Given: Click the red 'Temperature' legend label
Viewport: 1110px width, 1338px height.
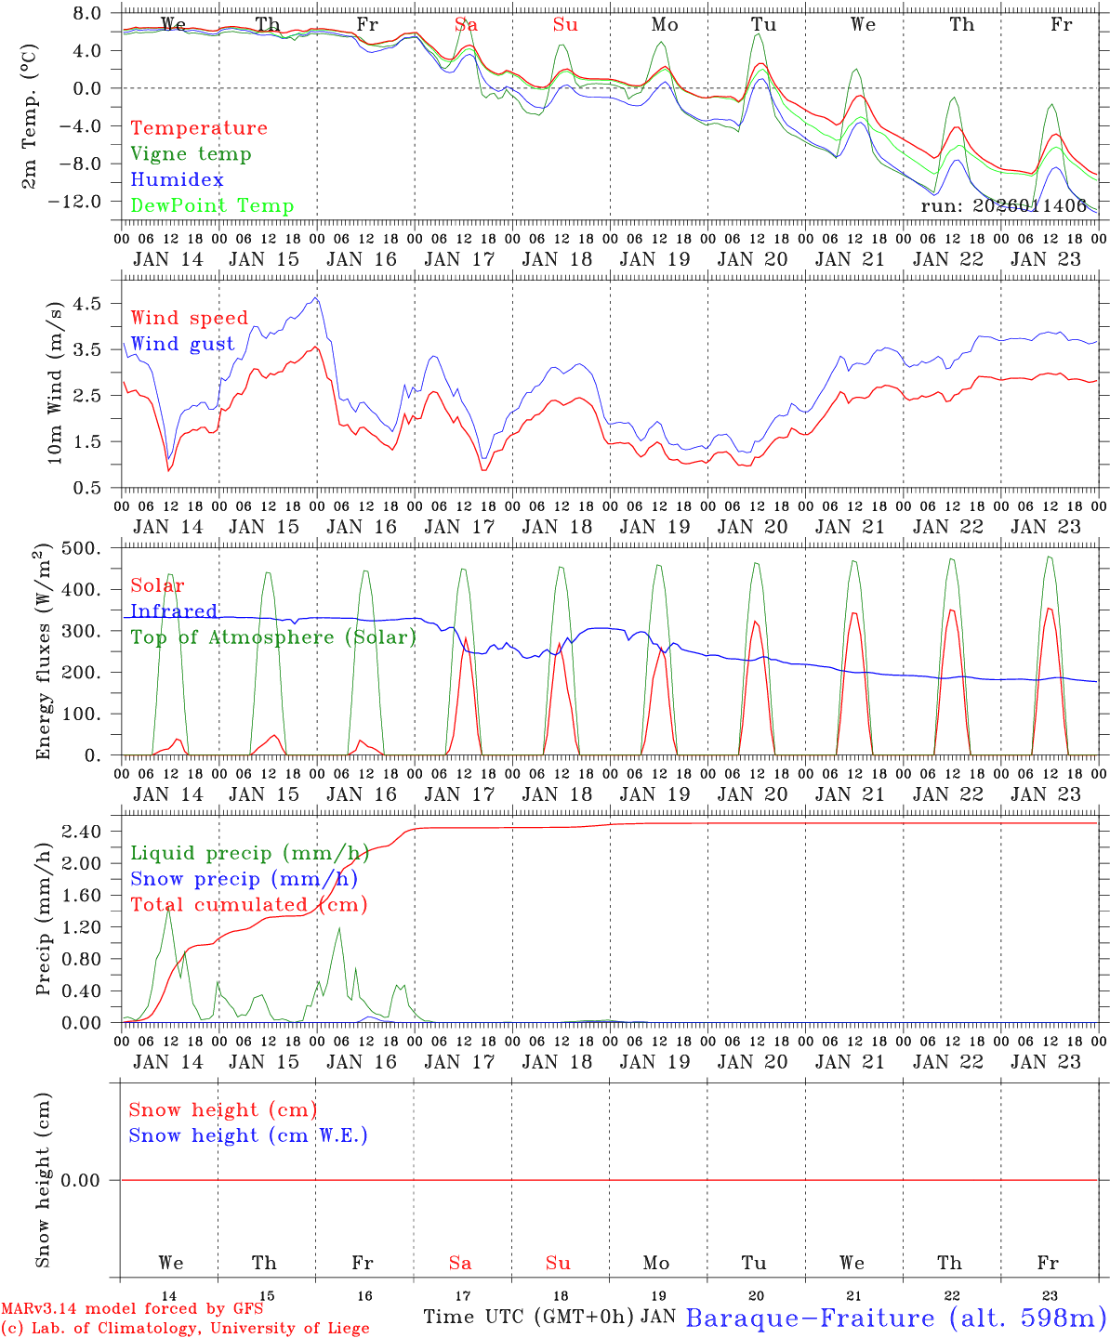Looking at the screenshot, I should click(199, 128).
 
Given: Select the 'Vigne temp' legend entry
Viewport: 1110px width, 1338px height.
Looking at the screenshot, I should click(191, 154).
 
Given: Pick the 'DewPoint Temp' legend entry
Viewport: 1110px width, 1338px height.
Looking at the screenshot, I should click(212, 206).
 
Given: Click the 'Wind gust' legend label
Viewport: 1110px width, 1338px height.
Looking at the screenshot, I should click(183, 345).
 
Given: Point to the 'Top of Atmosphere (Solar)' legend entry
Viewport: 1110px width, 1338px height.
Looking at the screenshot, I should click(273, 637).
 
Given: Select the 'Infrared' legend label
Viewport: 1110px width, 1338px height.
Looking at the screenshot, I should click(174, 611).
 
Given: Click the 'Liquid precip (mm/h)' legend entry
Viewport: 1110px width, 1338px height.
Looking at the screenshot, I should click(250, 853).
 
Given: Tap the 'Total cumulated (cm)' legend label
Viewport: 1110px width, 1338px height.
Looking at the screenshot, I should click(249, 905).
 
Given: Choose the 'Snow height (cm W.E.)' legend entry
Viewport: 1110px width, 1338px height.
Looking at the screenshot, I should click(248, 1135).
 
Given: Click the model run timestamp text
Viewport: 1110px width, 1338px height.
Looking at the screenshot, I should click(1003, 206).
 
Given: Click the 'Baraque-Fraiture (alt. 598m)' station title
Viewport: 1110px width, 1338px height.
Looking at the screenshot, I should click(896, 1318).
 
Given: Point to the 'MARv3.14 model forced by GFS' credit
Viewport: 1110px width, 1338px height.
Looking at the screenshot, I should click(132, 1309).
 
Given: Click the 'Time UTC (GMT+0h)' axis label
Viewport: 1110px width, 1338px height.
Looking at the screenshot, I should click(529, 1317).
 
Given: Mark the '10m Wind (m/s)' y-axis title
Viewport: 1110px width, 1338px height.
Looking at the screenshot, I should click(55, 382).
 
